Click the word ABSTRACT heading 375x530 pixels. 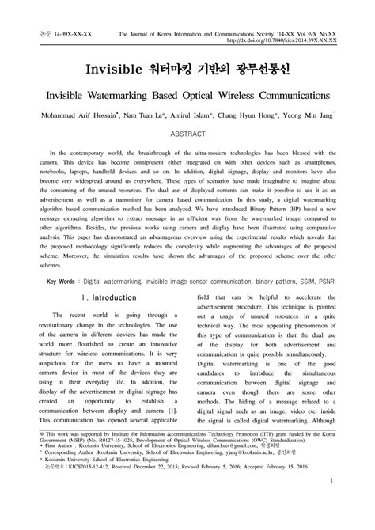point(187,135)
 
